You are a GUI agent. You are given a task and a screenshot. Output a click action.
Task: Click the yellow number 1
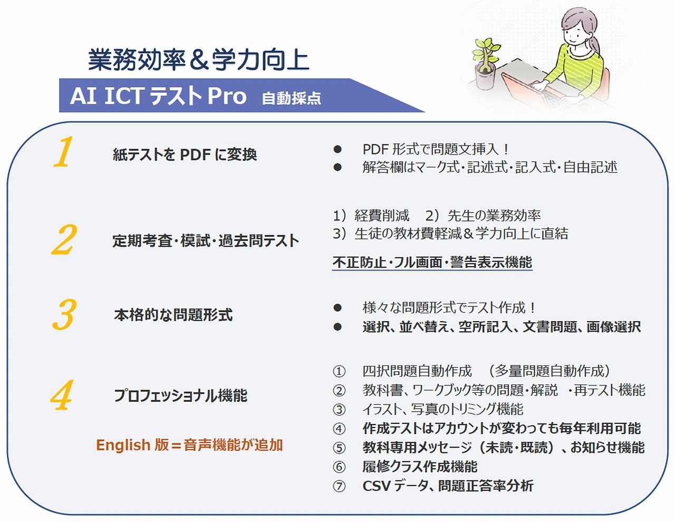click(63, 152)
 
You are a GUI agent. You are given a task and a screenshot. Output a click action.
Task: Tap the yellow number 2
click(64, 240)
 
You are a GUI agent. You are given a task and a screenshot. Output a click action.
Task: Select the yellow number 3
click(64, 314)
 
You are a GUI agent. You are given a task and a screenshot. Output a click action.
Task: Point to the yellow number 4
click(62, 395)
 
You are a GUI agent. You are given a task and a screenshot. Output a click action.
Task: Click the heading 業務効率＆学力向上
click(198, 60)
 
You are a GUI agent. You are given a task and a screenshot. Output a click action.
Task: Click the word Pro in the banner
click(227, 96)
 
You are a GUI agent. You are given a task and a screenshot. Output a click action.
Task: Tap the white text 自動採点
click(292, 98)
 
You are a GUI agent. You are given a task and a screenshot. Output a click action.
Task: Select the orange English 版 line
click(189, 444)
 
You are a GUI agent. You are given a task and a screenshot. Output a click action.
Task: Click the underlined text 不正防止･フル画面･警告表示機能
click(432, 262)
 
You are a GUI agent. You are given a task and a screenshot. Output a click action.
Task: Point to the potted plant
click(485, 64)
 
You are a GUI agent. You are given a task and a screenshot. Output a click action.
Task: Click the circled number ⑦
click(339, 486)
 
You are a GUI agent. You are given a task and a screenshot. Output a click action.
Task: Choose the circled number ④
click(339, 429)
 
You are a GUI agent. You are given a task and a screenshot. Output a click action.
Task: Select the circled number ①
click(339, 371)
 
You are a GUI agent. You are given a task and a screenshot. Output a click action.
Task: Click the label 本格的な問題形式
click(173, 315)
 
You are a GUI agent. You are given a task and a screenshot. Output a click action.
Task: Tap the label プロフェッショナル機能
click(181, 395)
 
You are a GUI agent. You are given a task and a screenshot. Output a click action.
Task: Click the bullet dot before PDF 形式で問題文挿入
click(337, 149)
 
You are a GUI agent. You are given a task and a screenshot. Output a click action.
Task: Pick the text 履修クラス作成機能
click(420, 467)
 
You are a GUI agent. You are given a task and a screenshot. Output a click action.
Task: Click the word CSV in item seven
click(376, 486)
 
